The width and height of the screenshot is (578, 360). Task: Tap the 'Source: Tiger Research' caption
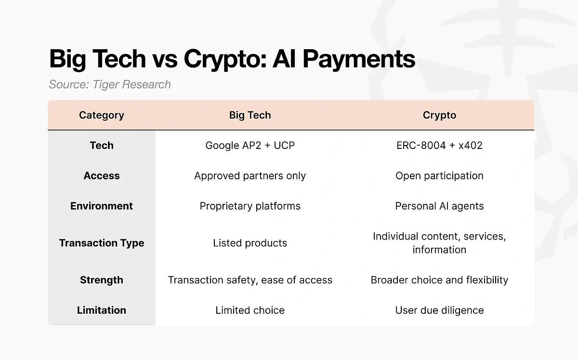pyautogui.click(x=110, y=85)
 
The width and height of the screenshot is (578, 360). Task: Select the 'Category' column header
pyautogui.click(x=102, y=116)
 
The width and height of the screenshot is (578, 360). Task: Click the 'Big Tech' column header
pyautogui.click(x=250, y=116)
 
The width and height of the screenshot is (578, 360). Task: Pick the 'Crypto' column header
pyautogui.click(x=439, y=116)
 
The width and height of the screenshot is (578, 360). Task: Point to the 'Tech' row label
pyautogui.click(x=102, y=146)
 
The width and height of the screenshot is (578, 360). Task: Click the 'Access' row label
pyautogui.click(x=102, y=176)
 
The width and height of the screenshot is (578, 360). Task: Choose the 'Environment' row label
pyautogui.click(x=102, y=206)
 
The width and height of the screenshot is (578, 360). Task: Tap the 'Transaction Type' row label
pyautogui.click(x=102, y=243)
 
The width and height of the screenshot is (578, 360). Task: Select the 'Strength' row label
pyautogui.click(x=102, y=280)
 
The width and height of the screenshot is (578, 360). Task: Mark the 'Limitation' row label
pyautogui.click(x=102, y=310)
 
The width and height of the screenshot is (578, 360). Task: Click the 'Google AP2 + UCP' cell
pyautogui.click(x=250, y=146)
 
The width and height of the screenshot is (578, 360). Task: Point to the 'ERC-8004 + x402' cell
pyautogui.click(x=439, y=146)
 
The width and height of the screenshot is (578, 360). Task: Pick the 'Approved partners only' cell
pyautogui.click(x=250, y=176)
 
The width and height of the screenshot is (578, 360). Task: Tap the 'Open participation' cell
pyautogui.click(x=439, y=176)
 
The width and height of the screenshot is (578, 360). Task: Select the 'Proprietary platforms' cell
pyautogui.click(x=250, y=206)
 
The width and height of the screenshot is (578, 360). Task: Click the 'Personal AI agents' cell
pyautogui.click(x=439, y=206)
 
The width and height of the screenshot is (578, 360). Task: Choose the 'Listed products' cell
pyautogui.click(x=250, y=243)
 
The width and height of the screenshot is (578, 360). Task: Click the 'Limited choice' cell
pyautogui.click(x=250, y=310)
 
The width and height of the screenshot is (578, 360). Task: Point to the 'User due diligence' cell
pyautogui.click(x=439, y=310)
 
